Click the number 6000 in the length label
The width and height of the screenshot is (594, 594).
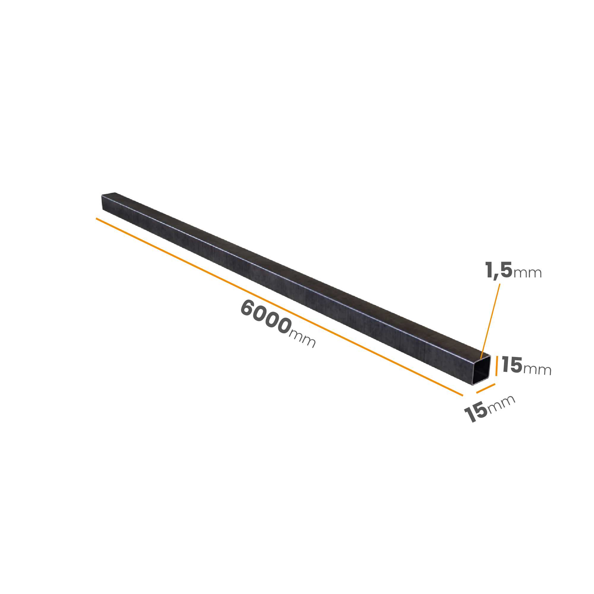tap(266, 317)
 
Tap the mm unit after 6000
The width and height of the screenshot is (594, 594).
tap(303, 339)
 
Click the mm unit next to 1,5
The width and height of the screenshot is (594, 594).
tap(527, 273)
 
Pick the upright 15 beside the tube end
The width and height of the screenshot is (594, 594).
tap(512, 365)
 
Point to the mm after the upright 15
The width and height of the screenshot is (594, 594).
tap(538, 370)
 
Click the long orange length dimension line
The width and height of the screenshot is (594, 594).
tap(279, 307)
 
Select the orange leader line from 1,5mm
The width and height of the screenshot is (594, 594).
tap(490, 321)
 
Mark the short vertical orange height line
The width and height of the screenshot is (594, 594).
tap(497, 366)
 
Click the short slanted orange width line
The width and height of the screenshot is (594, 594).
tap(486, 388)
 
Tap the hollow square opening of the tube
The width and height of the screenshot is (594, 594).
tap(481, 370)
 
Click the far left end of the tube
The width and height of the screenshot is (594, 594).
tap(102, 202)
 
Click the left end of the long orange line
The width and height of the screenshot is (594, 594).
tap(96, 218)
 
